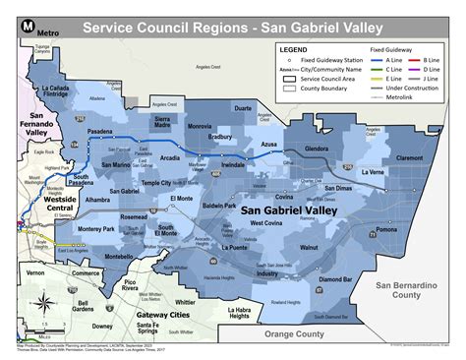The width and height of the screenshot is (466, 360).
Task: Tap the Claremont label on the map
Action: point(416,157)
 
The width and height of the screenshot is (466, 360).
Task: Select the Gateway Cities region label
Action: point(145,315)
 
